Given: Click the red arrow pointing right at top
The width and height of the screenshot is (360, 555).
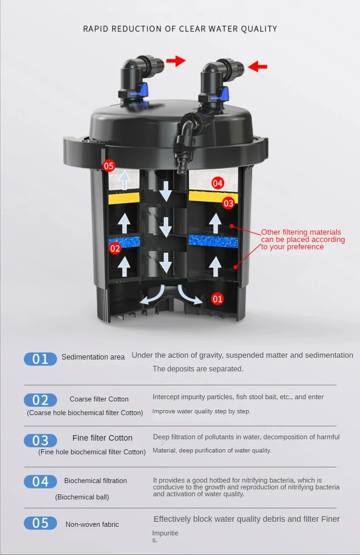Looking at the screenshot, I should pyautogui.click(x=175, y=61).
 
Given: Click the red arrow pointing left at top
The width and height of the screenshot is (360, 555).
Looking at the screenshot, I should pyautogui.click(x=257, y=67).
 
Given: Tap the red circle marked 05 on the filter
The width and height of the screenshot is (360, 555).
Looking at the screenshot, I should pyautogui.click(x=109, y=166).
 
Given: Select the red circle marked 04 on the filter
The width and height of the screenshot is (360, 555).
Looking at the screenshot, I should pyautogui.click(x=218, y=183).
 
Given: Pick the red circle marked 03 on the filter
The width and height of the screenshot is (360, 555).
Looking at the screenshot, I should pyautogui.click(x=228, y=203).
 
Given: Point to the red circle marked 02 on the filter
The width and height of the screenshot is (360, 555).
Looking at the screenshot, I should pyautogui.click(x=115, y=248).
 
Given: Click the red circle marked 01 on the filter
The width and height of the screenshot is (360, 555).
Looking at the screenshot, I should pyautogui.click(x=217, y=299).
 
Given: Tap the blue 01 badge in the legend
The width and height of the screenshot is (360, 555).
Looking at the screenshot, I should pyautogui.click(x=41, y=359).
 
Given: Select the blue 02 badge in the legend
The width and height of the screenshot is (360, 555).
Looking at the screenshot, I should pyautogui.click(x=41, y=400).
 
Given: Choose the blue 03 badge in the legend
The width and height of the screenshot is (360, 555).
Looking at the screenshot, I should pyautogui.click(x=41, y=441).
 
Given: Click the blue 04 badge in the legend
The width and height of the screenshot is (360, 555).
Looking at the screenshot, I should pyautogui.click(x=41, y=482).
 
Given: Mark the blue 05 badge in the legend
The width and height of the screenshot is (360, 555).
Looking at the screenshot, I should pyautogui.click(x=41, y=523).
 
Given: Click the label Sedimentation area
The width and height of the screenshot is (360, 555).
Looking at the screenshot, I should pyautogui.click(x=93, y=357).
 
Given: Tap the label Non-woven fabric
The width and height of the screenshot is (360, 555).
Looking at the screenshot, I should pyautogui.click(x=92, y=524).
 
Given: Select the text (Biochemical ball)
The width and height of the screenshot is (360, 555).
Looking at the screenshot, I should pyautogui.click(x=82, y=497).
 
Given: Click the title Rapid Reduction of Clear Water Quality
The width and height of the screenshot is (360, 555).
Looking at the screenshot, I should pyautogui.click(x=180, y=29).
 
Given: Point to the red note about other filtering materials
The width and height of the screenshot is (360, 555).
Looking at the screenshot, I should pyautogui.click(x=302, y=240).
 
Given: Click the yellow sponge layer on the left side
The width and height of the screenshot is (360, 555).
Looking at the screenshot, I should pyautogui.click(x=123, y=198).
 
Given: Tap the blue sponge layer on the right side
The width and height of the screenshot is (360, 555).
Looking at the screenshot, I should pyautogui.click(x=213, y=241).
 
